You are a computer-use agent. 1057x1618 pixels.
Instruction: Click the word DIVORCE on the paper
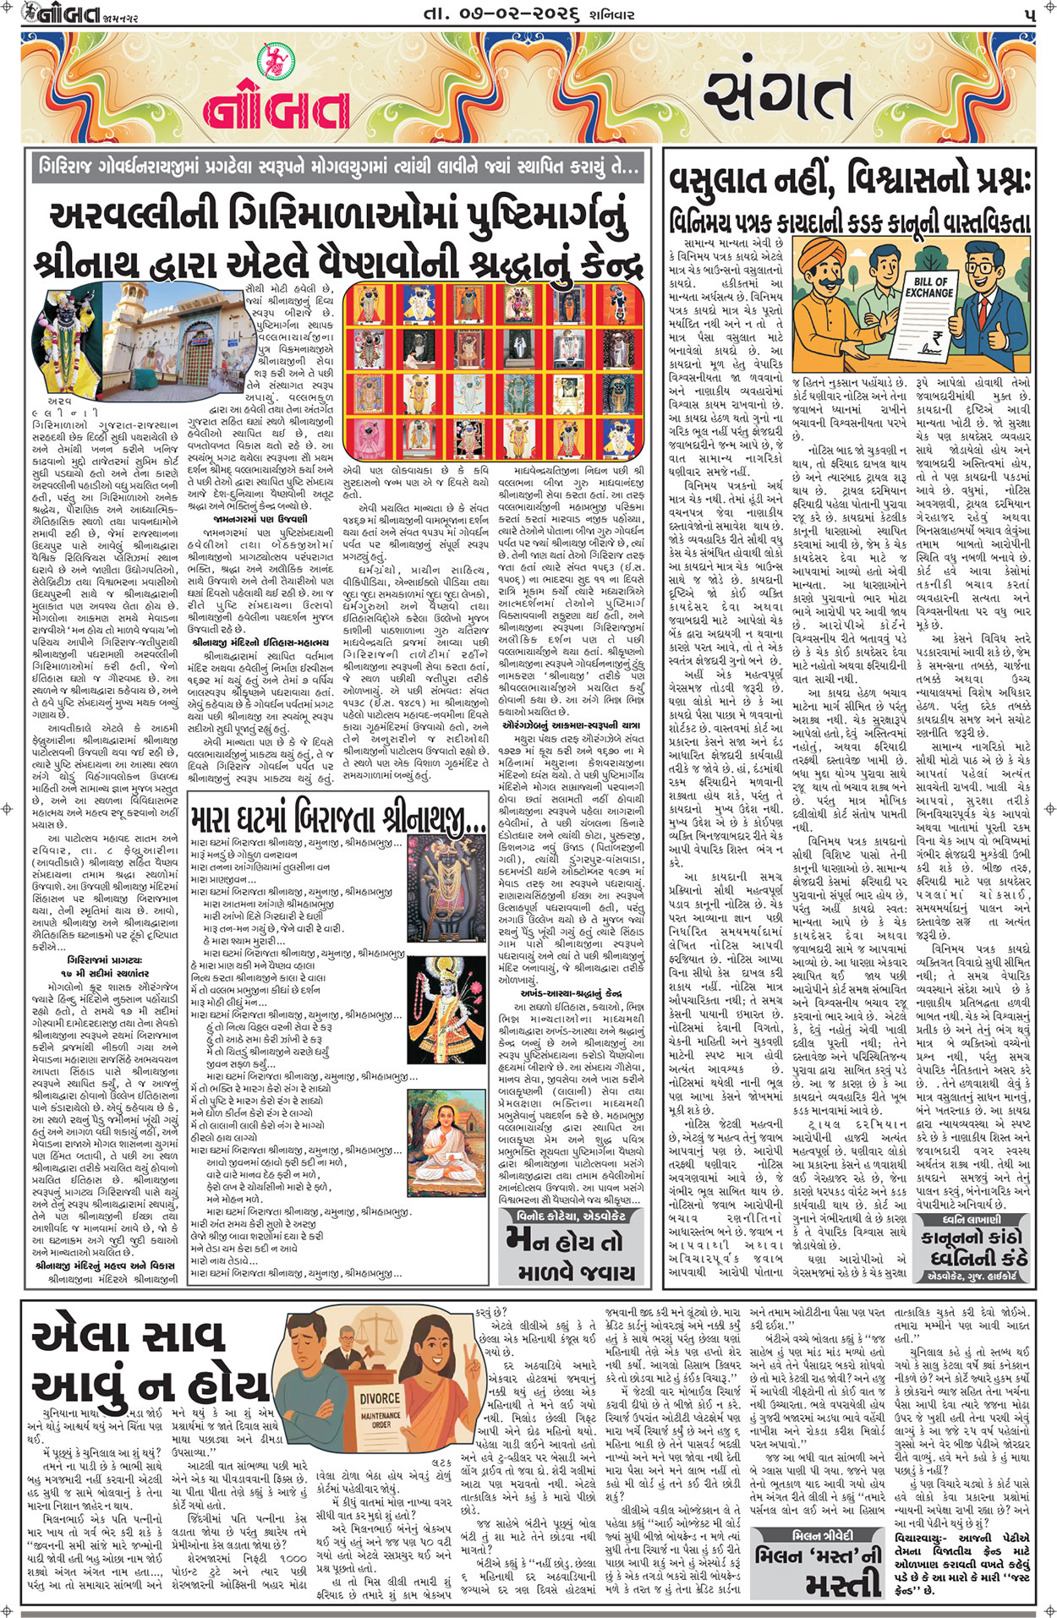380,1399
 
